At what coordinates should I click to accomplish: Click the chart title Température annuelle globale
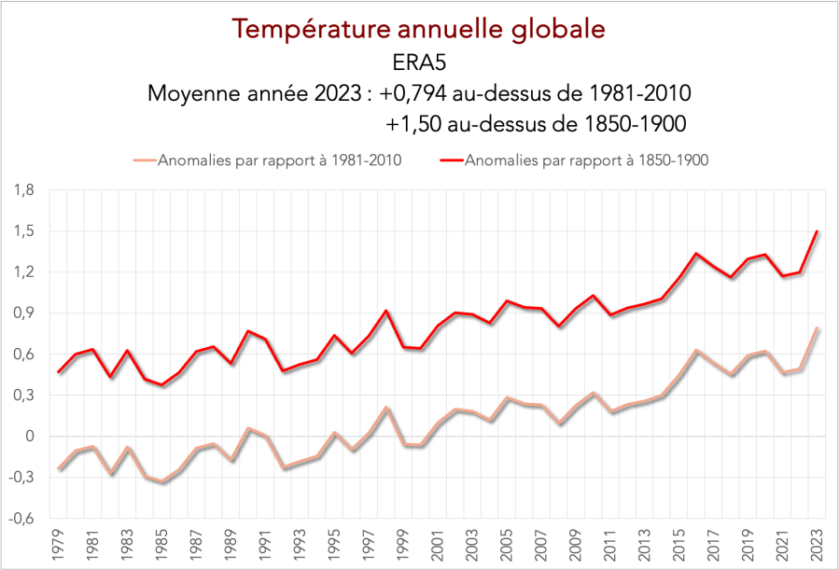click(x=419, y=29)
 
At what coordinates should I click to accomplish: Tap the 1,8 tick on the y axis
click(x=23, y=190)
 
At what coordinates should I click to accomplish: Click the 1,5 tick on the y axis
click(x=23, y=231)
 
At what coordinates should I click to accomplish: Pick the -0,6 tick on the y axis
click(x=21, y=519)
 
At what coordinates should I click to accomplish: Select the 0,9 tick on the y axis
click(x=23, y=313)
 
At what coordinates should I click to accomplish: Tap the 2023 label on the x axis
click(x=818, y=548)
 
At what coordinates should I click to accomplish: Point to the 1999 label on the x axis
click(x=404, y=548)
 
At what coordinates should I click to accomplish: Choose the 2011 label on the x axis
click(x=610, y=548)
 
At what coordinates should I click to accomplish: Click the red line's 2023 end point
click(x=818, y=231)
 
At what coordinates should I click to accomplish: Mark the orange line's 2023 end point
click(x=818, y=328)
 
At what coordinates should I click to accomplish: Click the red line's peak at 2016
click(x=696, y=254)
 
